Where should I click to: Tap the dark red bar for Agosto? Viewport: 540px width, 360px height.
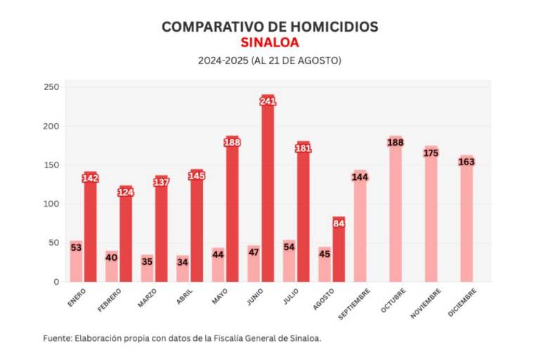pyautogui.click(x=339, y=253)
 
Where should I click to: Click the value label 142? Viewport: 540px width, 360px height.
pyautogui.click(x=90, y=179)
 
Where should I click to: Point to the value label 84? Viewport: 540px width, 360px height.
pyautogui.click(x=339, y=224)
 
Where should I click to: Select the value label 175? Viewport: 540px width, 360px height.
pyautogui.click(x=431, y=153)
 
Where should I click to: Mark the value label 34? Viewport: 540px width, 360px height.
pyautogui.click(x=182, y=262)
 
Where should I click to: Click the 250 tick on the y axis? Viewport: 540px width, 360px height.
pyautogui.click(x=52, y=87)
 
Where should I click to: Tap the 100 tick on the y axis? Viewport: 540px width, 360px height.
pyautogui.click(x=52, y=204)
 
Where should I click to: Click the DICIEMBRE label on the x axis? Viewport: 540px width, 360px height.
pyautogui.click(x=462, y=303)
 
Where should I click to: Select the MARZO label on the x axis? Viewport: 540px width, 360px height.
pyautogui.click(x=147, y=298)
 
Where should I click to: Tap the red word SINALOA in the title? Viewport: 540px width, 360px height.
pyautogui.click(x=269, y=43)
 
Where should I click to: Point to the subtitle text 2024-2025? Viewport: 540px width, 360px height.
pyautogui.click(x=221, y=61)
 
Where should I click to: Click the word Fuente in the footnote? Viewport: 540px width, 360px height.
pyautogui.click(x=56, y=338)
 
